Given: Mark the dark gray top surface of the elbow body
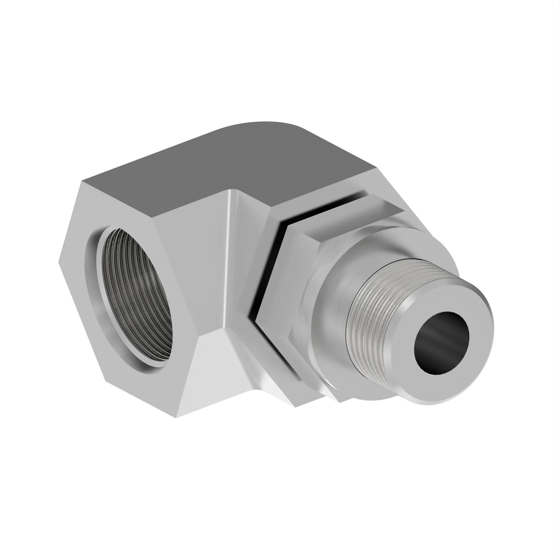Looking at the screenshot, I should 232,162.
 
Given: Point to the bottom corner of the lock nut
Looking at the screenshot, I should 340,402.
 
